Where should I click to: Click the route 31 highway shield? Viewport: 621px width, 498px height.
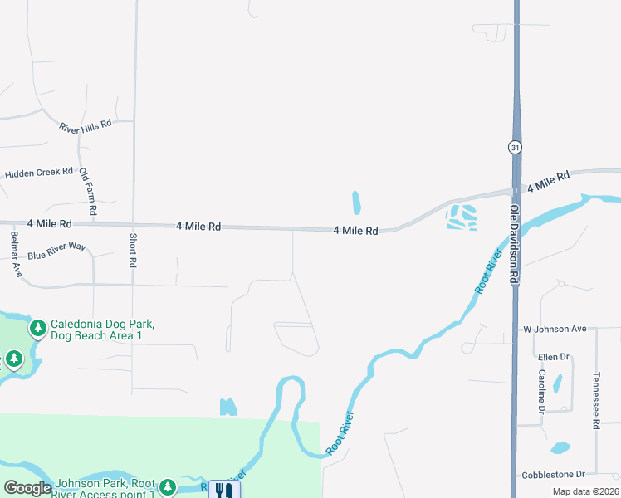(x=516, y=147)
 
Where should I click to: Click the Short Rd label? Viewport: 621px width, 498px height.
(x=133, y=250)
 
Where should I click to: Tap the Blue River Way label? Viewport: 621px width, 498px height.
(x=56, y=251)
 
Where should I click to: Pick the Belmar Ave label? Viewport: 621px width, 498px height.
(x=15, y=253)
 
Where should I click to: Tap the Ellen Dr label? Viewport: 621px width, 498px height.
(x=553, y=357)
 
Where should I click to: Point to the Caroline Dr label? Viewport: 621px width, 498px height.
(x=540, y=392)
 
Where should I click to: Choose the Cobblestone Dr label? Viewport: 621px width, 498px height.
(x=554, y=475)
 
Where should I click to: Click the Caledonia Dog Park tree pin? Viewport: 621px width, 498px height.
(x=38, y=329)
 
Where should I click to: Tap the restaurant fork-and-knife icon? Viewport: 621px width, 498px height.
(x=222, y=490)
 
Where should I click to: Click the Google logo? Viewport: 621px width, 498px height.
(x=27, y=488)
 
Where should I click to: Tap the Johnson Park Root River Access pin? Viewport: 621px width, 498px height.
(x=168, y=486)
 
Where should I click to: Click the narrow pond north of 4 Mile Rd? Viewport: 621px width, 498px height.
(x=356, y=202)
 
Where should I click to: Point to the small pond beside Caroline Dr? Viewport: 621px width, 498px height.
(x=557, y=383)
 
